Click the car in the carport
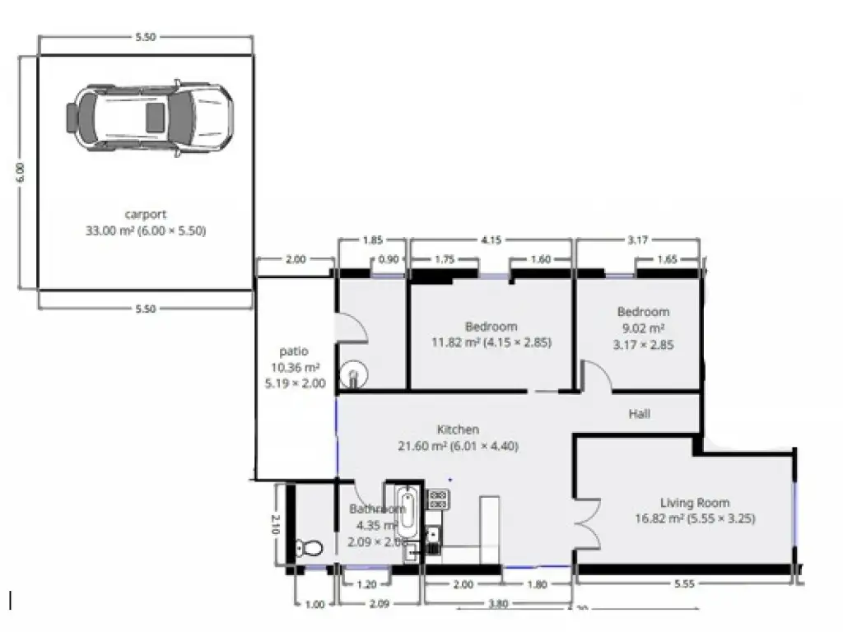pyautogui.click(x=149, y=116)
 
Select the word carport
pyautogui.click(x=146, y=215)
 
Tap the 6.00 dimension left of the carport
pyautogui.click(x=21, y=172)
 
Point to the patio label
pyautogui.click(x=293, y=351)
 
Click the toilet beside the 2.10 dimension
pyautogui.click(x=311, y=546)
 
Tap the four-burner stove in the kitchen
pyautogui.click(x=437, y=498)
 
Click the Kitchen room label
pyautogui.click(x=458, y=430)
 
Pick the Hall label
pyautogui.click(x=640, y=414)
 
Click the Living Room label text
pyautogui.click(x=695, y=503)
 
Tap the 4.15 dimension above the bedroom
pyautogui.click(x=491, y=240)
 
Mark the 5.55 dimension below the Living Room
pyautogui.click(x=684, y=585)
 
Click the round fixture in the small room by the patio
pyautogui.click(x=354, y=377)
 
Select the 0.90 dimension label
pyautogui.click(x=388, y=260)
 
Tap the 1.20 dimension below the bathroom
pyautogui.click(x=367, y=585)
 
